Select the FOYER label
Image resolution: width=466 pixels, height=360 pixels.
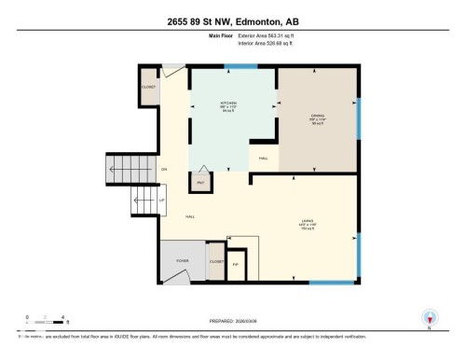point(182,262)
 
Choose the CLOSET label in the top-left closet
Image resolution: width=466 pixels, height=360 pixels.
point(149,86)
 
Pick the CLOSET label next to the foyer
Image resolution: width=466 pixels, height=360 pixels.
point(215,262)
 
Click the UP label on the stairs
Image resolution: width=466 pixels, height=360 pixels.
point(161,200)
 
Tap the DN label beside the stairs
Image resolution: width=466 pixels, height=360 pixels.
point(163,169)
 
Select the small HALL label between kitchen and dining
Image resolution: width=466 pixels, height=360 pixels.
point(264,159)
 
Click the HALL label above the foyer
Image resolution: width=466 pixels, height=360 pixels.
point(190,216)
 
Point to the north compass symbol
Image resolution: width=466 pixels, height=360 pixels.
point(429,317)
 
